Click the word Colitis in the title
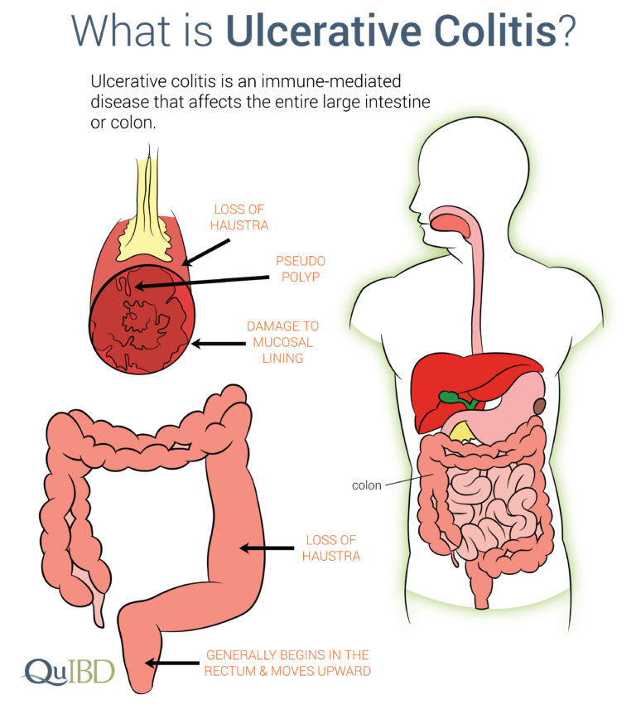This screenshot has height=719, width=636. [x=496, y=31]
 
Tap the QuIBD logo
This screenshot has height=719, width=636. [x=69, y=673]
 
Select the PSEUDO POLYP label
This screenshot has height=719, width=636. [x=301, y=269]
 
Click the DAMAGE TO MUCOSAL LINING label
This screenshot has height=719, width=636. [x=282, y=342]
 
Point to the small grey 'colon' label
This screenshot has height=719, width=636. [x=366, y=485]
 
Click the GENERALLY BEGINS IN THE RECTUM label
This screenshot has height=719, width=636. [x=287, y=663]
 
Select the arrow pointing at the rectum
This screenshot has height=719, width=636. [x=172, y=663]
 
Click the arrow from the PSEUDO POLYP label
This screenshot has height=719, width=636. [x=202, y=282]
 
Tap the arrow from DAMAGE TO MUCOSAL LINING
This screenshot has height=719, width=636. [x=219, y=344]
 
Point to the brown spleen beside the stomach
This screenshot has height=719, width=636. [x=540, y=407]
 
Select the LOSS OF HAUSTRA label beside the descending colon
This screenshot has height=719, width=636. [x=331, y=548]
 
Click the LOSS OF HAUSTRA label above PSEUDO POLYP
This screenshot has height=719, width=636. [x=238, y=217]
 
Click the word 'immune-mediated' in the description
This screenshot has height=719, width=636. [x=331, y=82]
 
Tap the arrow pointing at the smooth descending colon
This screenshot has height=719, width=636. [x=267, y=548]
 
